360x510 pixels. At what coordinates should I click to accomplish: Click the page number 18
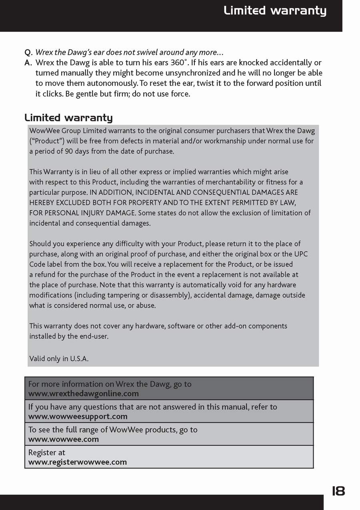coord(338,490)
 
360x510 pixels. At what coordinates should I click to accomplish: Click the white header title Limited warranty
coord(275,11)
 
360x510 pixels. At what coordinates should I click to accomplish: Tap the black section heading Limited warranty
coord(68,118)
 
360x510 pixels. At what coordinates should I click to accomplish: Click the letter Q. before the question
coord(28,52)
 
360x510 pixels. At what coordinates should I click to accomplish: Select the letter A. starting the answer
coord(28,63)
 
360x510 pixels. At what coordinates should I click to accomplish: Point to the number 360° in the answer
coord(179,62)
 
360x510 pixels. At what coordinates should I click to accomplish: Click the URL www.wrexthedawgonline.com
coord(84,393)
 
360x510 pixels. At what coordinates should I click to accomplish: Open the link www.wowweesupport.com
coord(78,416)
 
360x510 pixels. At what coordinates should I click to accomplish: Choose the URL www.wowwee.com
coord(64,439)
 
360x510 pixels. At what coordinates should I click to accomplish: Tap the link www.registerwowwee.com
coord(78,462)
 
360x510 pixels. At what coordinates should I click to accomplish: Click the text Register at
coord(47,452)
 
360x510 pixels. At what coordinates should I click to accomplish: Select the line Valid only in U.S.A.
coord(59,359)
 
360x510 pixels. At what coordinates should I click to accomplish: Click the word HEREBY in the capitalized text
coord(42,203)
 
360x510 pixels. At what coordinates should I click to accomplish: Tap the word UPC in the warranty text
coord(301,254)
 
